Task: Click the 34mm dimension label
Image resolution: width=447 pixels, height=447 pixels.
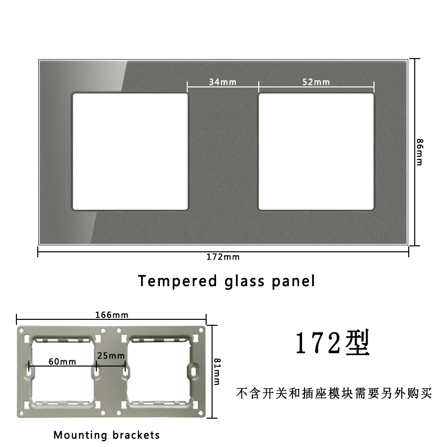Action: (x=222, y=82)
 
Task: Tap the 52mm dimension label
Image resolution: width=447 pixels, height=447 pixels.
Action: (x=316, y=82)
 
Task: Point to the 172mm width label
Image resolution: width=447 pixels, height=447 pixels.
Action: (x=223, y=257)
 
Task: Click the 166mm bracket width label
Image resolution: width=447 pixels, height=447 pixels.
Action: (x=112, y=315)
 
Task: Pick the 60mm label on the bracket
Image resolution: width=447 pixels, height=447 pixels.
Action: (x=63, y=362)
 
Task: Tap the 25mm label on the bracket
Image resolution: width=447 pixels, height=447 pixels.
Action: (x=111, y=356)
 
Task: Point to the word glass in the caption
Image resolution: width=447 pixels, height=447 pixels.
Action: (x=238, y=281)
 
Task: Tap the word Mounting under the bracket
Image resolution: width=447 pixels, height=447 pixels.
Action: (x=80, y=435)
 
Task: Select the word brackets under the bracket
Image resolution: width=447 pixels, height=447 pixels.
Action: (x=136, y=435)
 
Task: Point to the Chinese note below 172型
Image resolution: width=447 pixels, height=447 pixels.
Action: (x=334, y=394)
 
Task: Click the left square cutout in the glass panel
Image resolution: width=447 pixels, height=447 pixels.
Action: (x=130, y=151)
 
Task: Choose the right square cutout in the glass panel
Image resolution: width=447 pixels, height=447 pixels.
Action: (x=316, y=151)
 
